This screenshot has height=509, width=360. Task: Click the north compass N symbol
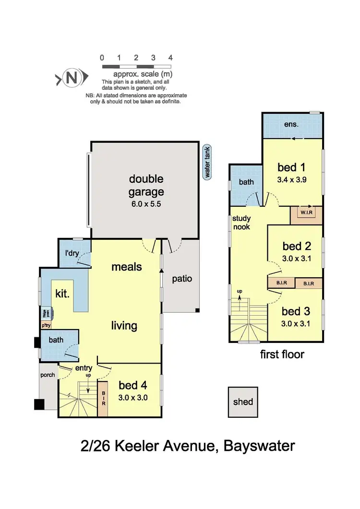(x=72, y=78)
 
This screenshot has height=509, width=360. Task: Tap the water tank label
(x=207, y=162)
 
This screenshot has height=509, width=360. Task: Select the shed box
(x=243, y=402)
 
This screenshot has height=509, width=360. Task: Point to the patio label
(x=182, y=278)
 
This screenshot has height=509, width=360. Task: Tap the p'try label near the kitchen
(x=46, y=325)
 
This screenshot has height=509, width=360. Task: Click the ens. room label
(x=291, y=124)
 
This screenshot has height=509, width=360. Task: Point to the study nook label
(x=241, y=222)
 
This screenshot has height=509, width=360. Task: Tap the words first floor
(x=282, y=355)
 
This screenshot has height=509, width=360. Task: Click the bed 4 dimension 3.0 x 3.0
(x=132, y=397)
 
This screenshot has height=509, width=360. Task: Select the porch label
(x=48, y=375)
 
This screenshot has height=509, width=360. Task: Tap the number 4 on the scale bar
(x=170, y=58)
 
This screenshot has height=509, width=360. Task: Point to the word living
(x=124, y=326)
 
